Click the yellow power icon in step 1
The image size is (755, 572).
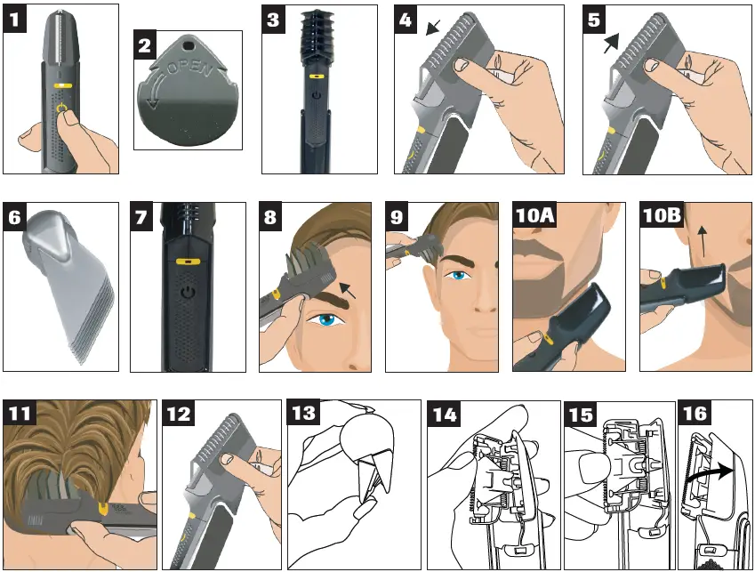[60, 110]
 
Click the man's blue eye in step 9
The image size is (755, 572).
[460, 276]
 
